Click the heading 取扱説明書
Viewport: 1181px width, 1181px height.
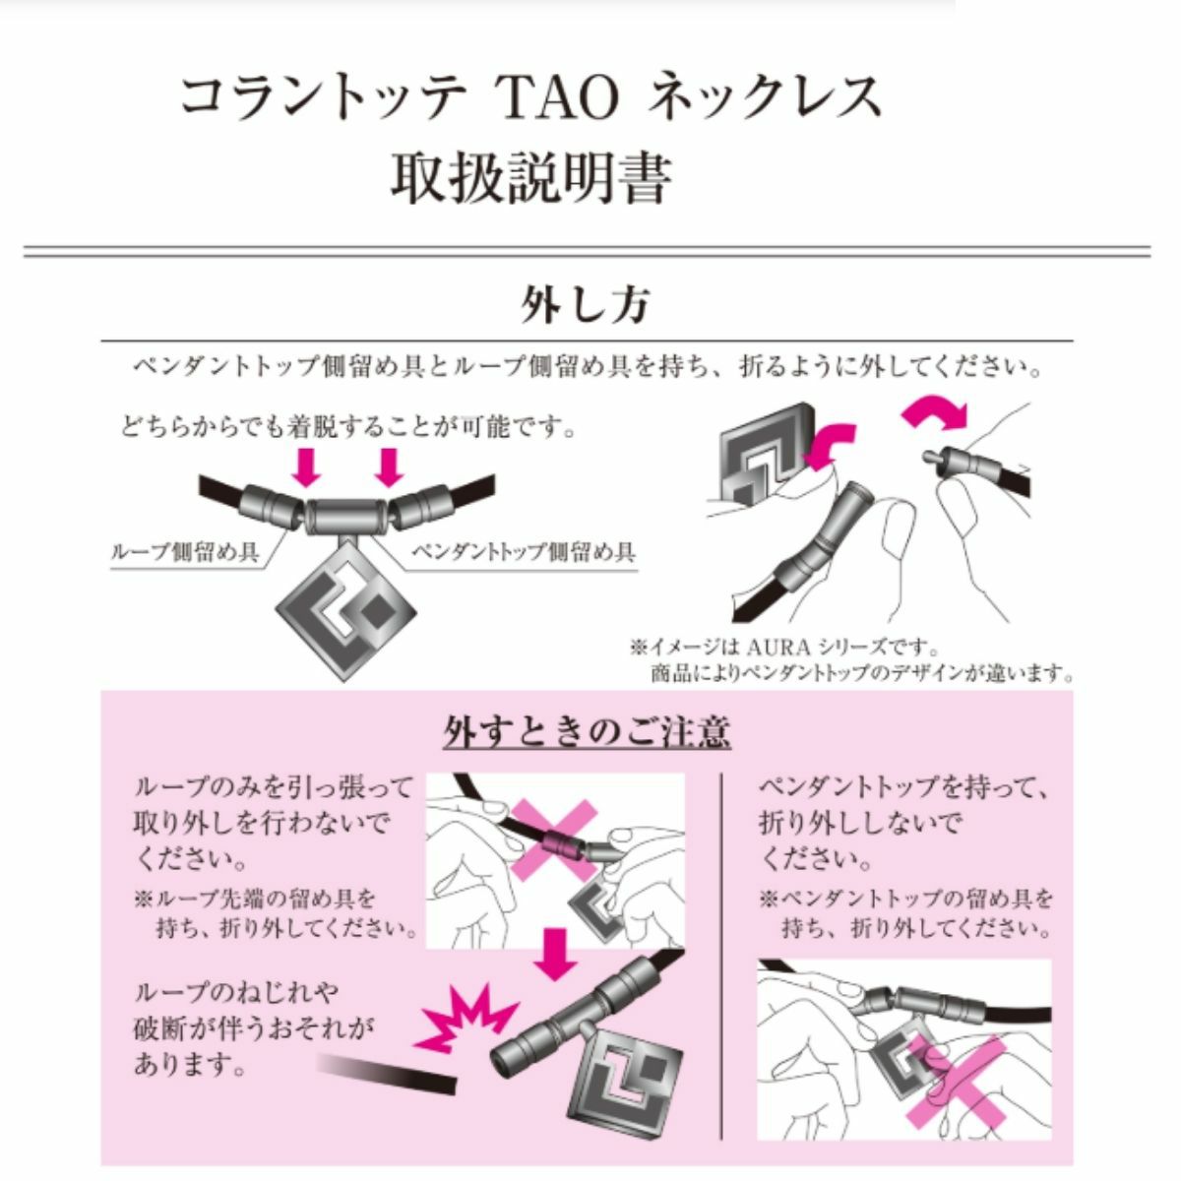coord(530,179)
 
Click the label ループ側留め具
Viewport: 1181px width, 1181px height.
coord(184,553)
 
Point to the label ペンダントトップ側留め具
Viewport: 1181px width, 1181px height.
coord(523,553)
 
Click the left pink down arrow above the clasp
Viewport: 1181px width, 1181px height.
coord(306,467)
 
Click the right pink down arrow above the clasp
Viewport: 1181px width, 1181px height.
coord(389,467)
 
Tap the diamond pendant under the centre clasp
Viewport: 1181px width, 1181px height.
coord(345,608)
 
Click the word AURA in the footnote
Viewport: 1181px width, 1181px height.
coord(773,647)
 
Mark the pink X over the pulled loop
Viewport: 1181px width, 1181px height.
coord(555,840)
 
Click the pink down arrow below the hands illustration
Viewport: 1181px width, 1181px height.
coord(555,955)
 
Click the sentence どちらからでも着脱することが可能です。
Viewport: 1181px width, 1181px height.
coord(348,427)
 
